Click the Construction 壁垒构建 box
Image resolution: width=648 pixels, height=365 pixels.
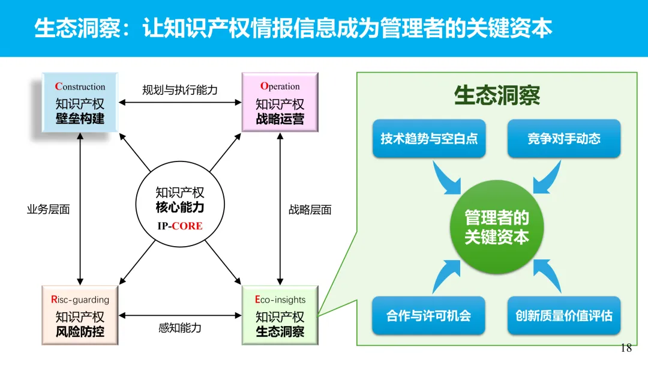tap(80, 103)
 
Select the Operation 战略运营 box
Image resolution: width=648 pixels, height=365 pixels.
tap(280, 103)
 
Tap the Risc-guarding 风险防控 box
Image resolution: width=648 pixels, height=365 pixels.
tap(80, 315)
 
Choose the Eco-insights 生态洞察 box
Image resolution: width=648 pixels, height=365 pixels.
tap(280, 315)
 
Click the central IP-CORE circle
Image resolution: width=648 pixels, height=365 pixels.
tap(180, 208)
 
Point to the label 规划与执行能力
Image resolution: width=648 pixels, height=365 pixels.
tap(179, 90)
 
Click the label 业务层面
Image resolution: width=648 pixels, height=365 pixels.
tap(49, 210)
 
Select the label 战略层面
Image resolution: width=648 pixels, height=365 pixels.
tap(310, 210)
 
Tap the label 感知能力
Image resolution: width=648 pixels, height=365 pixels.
tap(179, 328)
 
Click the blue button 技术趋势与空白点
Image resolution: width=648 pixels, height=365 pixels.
tap(429, 139)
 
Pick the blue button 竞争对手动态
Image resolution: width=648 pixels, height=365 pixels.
tap(564, 139)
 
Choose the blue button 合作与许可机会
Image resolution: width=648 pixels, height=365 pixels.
tap(429, 315)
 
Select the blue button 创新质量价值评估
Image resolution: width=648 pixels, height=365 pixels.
tap(564, 315)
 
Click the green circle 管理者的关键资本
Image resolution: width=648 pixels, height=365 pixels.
tap(497, 227)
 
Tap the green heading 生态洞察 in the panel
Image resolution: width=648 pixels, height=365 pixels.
tap(497, 96)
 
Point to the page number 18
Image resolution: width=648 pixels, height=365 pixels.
tap(626, 348)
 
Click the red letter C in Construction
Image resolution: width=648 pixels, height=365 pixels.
tap(58, 86)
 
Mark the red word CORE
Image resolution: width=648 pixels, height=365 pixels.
tap(187, 226)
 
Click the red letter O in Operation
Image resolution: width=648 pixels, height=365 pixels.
tap(264, 86)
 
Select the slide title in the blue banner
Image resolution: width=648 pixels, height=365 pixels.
tap(293, 28)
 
